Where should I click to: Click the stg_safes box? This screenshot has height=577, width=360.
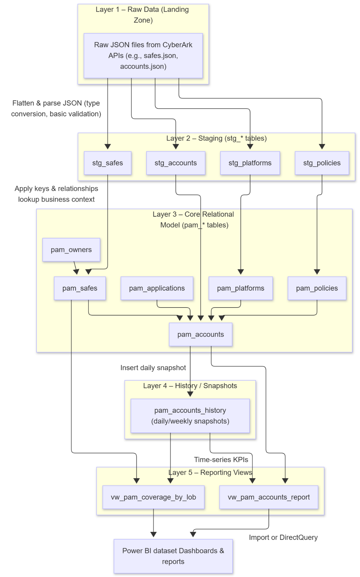coord(108,163)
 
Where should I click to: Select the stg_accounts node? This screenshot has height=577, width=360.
coord(175,163)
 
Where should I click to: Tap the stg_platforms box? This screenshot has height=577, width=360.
coord(250,163)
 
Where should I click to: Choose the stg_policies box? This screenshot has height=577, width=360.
coord(322,163)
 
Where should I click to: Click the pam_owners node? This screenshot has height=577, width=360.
coord(71,250)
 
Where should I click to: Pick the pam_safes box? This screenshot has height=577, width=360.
coord(80,288)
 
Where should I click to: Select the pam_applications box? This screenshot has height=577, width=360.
coord(157,288)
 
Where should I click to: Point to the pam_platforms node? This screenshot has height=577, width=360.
coord(241,288)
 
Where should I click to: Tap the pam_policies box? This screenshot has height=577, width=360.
coord(317,288)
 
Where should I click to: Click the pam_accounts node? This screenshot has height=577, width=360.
coord(200,335)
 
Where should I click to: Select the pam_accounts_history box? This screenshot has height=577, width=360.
coord(190,416)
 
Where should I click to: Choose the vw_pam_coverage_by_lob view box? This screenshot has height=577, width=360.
coord(153,497)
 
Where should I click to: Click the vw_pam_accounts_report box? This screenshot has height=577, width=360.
coord(268,497)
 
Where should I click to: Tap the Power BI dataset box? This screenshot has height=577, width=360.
coord(173,556)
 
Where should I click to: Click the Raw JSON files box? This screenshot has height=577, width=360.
coord(143,56)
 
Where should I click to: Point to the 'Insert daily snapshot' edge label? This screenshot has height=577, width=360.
coord(153,368)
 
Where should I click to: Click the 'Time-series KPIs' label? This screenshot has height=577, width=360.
coord(221,459)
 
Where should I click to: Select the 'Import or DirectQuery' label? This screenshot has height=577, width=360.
coord(283,537)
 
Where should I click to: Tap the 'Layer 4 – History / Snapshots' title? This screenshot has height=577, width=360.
coord(190,386)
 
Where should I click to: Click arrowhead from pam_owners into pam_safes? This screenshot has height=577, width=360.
coord(76,272)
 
